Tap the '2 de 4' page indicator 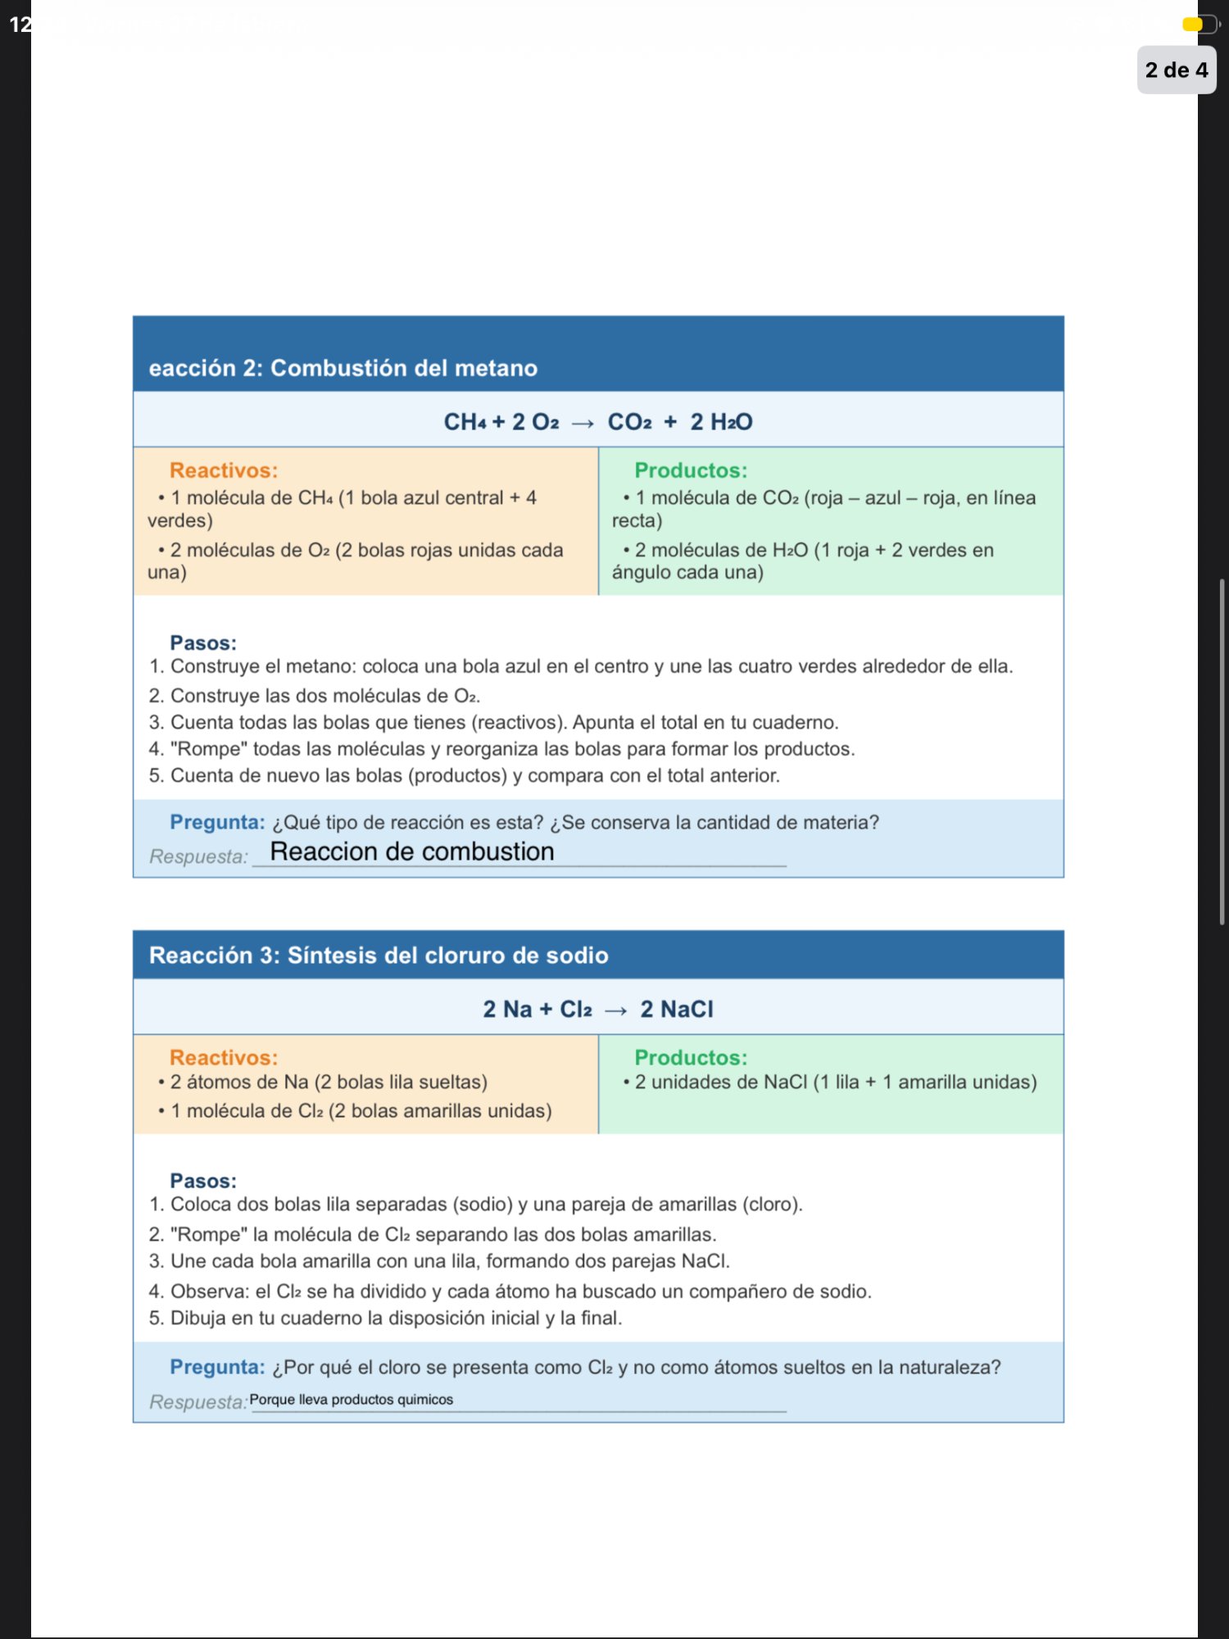[x=1176, y=70]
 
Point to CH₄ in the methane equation [x=464, y=422]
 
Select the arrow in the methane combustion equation [x=583, y=423]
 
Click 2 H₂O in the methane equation [x=721, y=422]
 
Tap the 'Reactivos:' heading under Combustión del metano [x=224, y=470]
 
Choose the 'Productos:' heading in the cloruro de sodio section [x=691, y=1057]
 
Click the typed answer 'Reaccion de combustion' [x=412, y=851]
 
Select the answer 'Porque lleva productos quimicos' [x=351, y=1400]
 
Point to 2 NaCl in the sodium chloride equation [x=677, y=1009]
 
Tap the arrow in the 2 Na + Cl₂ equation [x=615, y=1010]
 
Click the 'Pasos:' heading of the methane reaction [x=203, y=643]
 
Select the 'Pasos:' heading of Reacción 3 [x=203, y=1181]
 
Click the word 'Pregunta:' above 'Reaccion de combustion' [x=217, y=822]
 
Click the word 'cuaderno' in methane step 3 [x=796, y=722]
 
